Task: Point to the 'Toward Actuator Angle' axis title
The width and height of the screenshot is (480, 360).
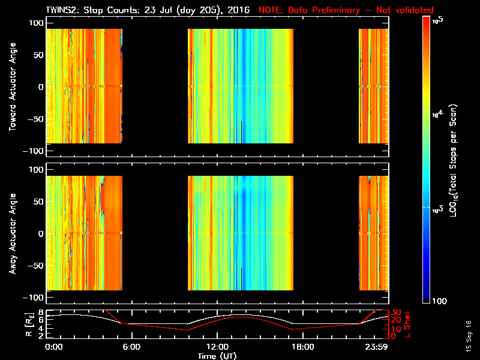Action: [x=13, y=88]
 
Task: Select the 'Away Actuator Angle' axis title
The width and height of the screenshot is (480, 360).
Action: [x=13, y=234]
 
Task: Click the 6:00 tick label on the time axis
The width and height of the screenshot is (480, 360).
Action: [x=131, y=347]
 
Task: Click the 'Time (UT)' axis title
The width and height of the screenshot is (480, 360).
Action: [x=217, y=356]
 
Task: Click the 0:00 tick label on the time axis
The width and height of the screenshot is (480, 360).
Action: [x=53, y=347]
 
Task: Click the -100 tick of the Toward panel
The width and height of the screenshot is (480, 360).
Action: [x=35, y=151]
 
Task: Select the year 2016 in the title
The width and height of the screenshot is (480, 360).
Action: [x=239, y=11]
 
